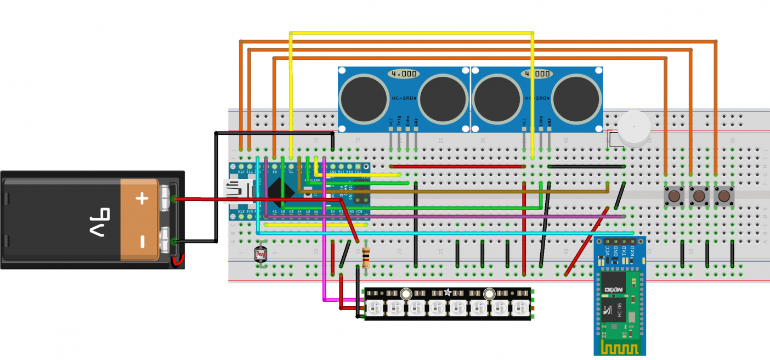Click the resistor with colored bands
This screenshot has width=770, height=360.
click(x=366, y=257)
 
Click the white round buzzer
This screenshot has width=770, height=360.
click(x=633, y=130)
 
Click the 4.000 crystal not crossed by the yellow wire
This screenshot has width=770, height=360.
click(x=403, y=74)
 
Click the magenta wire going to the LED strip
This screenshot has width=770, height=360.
click(x=324, y=274)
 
